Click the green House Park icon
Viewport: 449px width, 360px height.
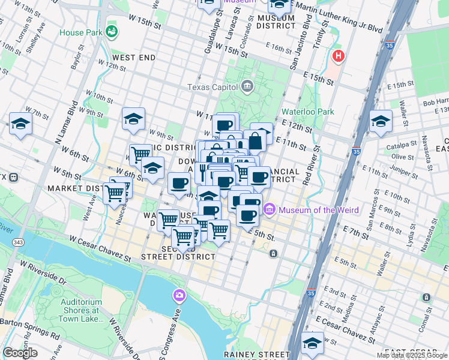coord(110,31)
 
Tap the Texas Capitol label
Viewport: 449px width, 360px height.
coord(212,87)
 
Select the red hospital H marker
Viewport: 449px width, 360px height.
coord(339,57)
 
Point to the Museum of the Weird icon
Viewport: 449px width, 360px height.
coord(269,209)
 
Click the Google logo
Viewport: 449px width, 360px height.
coord(20,353)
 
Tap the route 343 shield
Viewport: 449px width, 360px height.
coord(17,241)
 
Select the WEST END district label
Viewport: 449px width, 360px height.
coord(134,58)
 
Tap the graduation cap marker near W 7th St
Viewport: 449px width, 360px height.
coord(21,124)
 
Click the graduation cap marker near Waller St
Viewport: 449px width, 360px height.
coord(381,121)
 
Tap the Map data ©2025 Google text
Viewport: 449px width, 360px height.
coord(411,355)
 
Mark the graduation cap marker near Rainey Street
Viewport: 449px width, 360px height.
coord(313,343)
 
